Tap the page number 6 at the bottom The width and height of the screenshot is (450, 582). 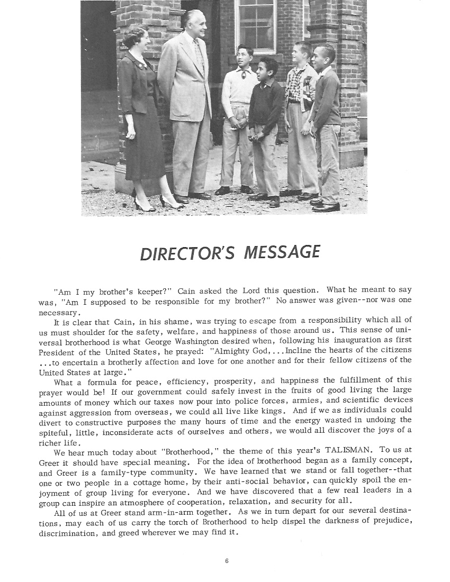[x=226, y=561]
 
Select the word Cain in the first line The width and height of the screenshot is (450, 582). [x=186, y=290]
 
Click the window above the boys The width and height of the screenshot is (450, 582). [x=257, y=24]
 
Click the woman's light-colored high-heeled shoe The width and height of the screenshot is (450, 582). [x=170, y=201]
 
